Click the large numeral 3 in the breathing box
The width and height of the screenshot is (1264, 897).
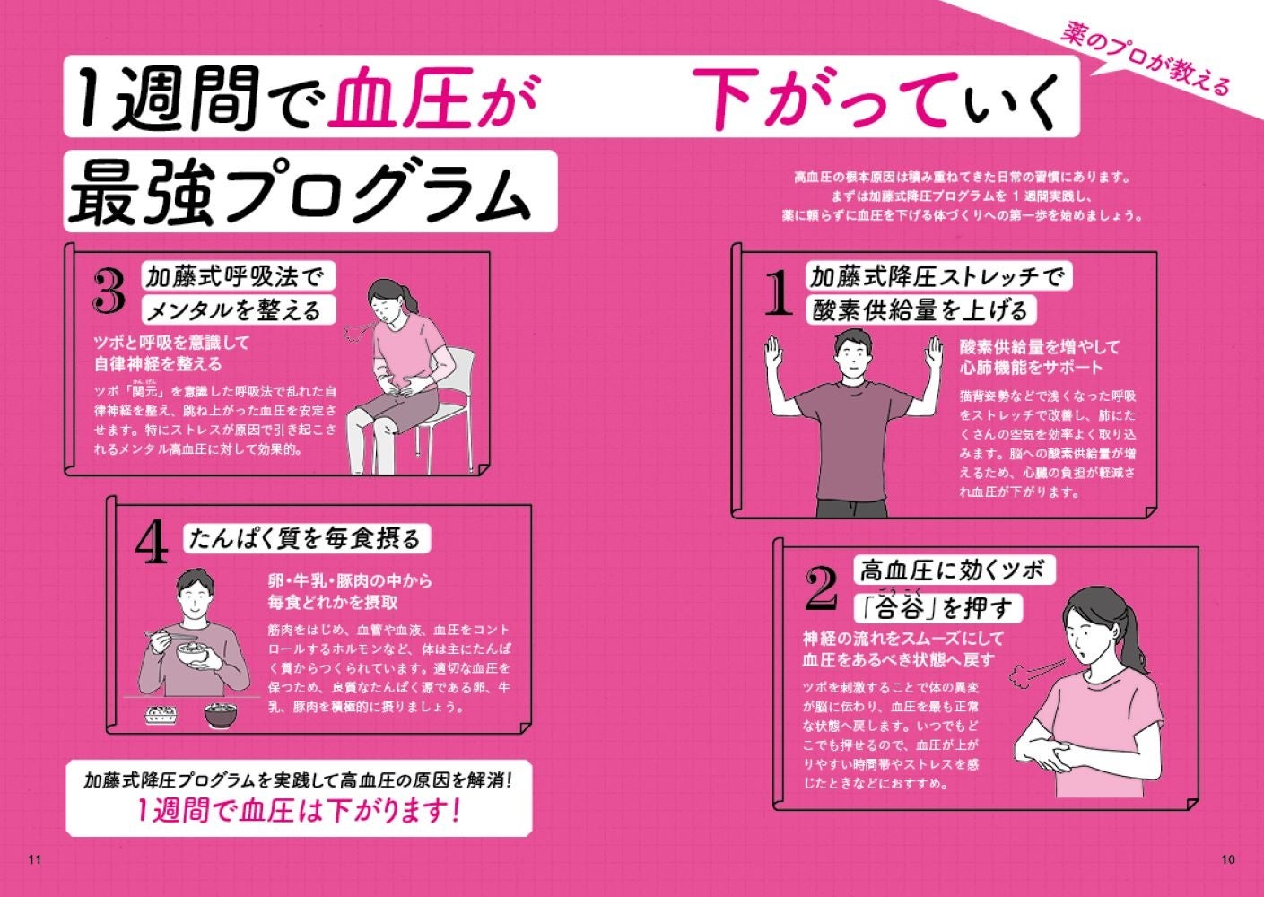[x=109, y=291]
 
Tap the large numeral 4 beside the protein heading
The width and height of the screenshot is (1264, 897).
[x=152, y=542]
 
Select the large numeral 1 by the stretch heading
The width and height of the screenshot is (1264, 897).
[x=779, y=292]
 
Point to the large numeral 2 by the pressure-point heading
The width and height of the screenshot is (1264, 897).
[x=822, y=588]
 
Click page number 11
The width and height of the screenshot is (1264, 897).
[x=34, y=859]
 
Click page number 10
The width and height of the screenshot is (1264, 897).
[x=1228, y=859]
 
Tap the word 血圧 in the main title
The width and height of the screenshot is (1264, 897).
[x=401, y=97]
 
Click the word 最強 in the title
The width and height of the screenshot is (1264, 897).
[x=141, y=192]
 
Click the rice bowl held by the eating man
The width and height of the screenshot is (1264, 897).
[x=194, y=653]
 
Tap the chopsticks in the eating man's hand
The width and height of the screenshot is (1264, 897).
[x=170, y=635]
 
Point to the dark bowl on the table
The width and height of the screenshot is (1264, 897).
[x=221, y=714]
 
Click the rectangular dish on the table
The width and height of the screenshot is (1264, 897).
[x=160, y=715]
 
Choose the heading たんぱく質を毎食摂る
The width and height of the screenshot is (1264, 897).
[x=305, y=539]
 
